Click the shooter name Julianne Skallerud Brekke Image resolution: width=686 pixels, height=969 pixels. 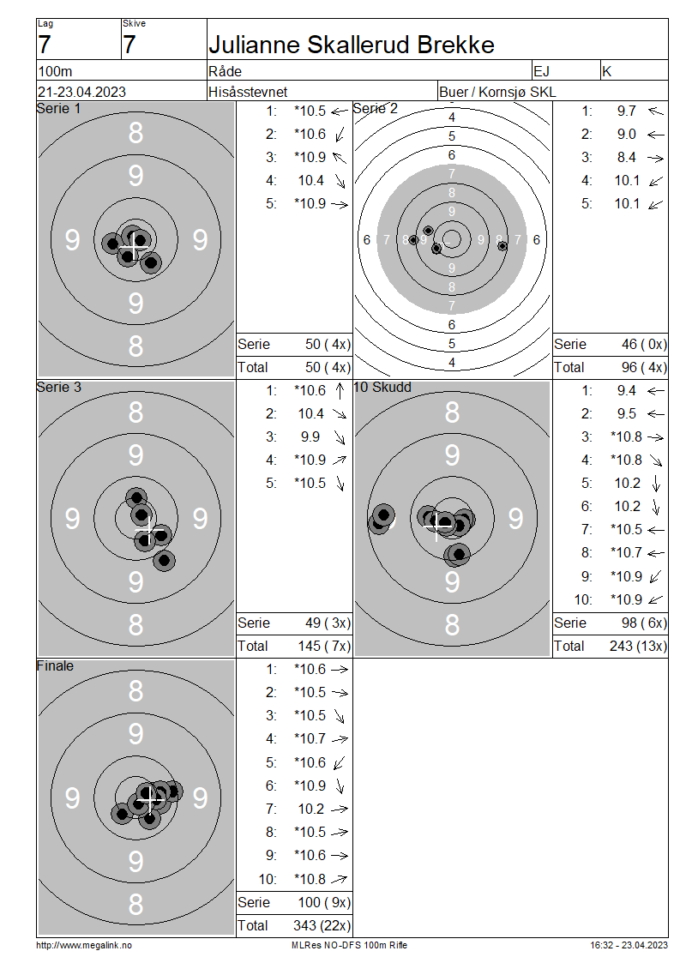click(351, 45)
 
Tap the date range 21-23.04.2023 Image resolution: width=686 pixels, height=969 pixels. click(81, 92)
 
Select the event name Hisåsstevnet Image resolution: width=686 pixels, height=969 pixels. click(248, 92)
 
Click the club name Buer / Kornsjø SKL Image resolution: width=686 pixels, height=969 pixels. click(497, 92)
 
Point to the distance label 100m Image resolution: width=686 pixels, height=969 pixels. click(55, 71)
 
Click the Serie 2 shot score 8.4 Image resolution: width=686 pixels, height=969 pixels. click(626, 158)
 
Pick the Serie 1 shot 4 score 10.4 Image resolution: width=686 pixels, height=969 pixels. click(311, 180)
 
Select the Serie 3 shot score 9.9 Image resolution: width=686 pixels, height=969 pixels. click(310, 437)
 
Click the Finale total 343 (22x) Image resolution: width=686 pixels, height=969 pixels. click(322, 926)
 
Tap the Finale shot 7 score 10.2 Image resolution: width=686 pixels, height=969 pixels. click(311, 809)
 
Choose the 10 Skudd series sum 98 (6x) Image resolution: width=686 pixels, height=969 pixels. click(644, 623)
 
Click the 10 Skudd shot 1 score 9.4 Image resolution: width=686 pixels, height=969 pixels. click(626, 390)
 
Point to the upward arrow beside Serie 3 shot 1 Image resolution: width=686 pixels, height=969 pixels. click(340, 390)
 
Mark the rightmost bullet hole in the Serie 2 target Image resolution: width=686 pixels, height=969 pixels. click(502, 246)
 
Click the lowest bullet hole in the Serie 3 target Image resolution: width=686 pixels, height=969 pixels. click(164, 561)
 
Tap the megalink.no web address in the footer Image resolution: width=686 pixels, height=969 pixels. click(84, 945)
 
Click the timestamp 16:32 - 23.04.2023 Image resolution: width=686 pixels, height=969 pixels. click(629, 945)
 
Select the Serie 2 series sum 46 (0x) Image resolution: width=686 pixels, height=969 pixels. click(644, 344)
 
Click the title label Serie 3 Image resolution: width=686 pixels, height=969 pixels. click(58, 387)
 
